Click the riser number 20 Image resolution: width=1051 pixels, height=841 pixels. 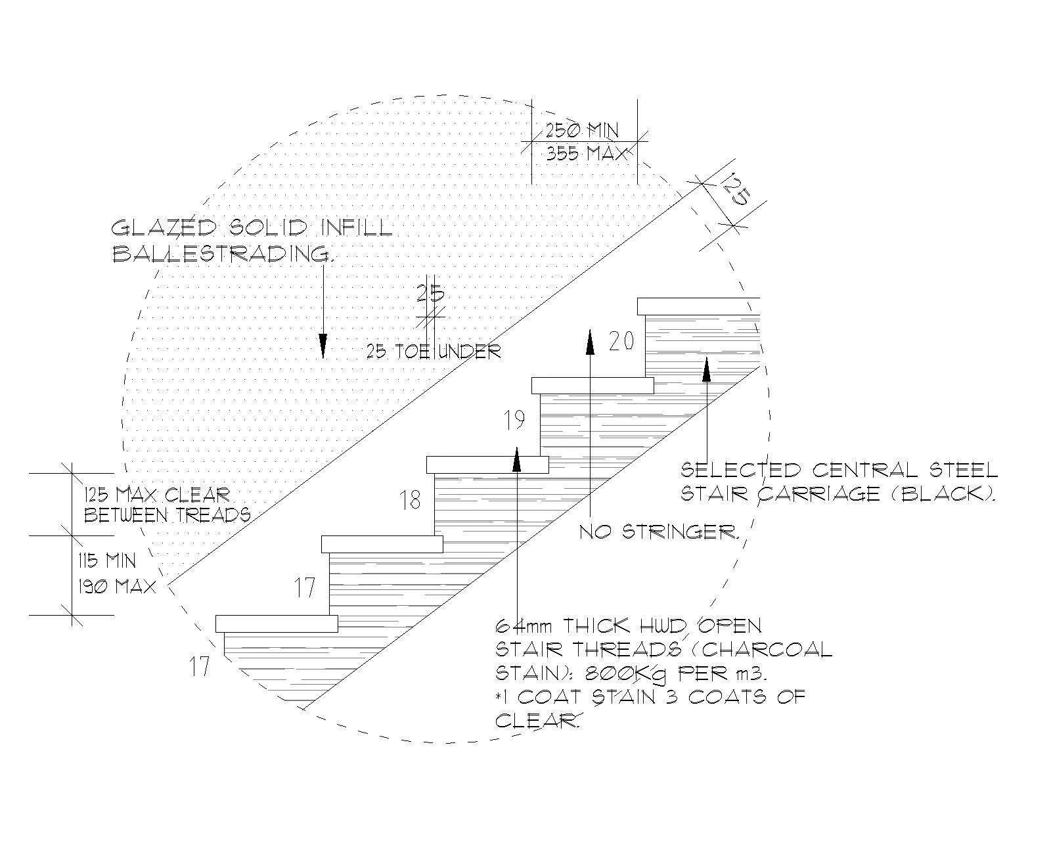coord(621,342)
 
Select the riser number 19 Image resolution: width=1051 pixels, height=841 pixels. coord(514,420)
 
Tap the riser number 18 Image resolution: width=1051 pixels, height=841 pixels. coord(411,501)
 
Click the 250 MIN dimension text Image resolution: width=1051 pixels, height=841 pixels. coord(582,130)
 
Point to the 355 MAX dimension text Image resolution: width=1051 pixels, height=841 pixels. coord(587,154)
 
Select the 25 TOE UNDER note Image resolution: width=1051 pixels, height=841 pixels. coord(434,352)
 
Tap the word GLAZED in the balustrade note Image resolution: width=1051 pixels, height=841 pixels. coord(164,229)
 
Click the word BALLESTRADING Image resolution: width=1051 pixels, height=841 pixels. coord(221,254)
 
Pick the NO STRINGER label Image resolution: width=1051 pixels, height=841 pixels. coord(659,532)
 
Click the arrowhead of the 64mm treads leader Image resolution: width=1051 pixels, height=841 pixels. coord(517,460)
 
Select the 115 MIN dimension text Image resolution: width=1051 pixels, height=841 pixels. coord(107,561)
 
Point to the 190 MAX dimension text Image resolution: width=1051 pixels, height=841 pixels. coord(117,586)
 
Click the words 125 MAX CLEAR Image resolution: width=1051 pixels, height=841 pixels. coord(156,495)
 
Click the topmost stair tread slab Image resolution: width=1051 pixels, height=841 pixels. coord(698,306)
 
